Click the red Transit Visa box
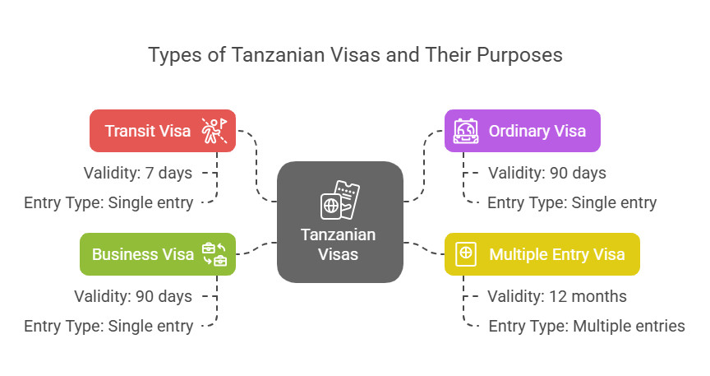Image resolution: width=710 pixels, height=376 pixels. pos(163,131)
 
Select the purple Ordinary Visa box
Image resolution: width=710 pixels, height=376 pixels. pos(522,131)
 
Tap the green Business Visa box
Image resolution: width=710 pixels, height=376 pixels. pos(158,254)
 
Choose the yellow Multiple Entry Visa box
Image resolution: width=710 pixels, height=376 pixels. pos(542,254)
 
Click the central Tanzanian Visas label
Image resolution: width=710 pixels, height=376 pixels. pos(339,244)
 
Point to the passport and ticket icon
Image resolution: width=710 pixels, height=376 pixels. pos(340,201)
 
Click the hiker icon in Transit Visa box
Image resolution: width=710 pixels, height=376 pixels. pos(214,131)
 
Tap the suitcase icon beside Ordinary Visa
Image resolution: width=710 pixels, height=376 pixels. pos(466,131)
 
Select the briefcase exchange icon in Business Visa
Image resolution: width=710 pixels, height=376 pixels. pos(214,254)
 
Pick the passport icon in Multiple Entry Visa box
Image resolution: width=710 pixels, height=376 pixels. pos(466,254)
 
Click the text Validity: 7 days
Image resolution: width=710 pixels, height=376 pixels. pos(138,173)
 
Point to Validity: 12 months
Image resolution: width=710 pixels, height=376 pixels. pos(557,296)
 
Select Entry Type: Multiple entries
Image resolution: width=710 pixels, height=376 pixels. pos(587,326)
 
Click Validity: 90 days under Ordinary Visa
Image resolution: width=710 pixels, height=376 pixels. pos(547,173)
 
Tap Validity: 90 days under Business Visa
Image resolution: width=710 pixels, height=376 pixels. pos(133,296)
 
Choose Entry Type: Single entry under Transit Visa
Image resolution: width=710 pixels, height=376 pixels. pos(108,202)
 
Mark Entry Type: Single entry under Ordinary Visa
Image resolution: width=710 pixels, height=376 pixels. pos(572,202)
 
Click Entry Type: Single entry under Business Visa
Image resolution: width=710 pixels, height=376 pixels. pos(108,326)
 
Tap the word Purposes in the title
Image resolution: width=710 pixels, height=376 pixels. pos(519,56)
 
